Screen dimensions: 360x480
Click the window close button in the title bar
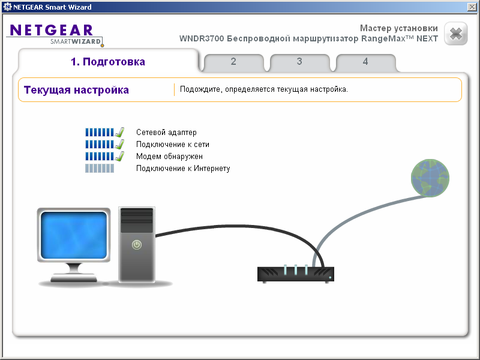click(472, 6)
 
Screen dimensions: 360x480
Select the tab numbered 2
click(233, 62)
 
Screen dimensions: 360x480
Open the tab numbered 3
click(299, 62)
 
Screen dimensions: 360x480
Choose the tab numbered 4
click(365, 62)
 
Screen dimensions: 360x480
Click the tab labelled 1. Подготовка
click(108, 62)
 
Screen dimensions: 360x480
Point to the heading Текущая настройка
click(76, 90)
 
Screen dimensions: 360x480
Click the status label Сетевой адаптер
click(166, 133)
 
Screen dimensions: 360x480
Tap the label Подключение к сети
click(173, 145)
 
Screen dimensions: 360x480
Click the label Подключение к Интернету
click(183, 169)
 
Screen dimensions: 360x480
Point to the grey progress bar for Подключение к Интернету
click(99, 169)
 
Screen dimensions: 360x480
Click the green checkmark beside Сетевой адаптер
click(119, 132)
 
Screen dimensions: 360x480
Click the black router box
click(296, 274)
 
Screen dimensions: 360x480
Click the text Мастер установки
click(398, 28)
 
